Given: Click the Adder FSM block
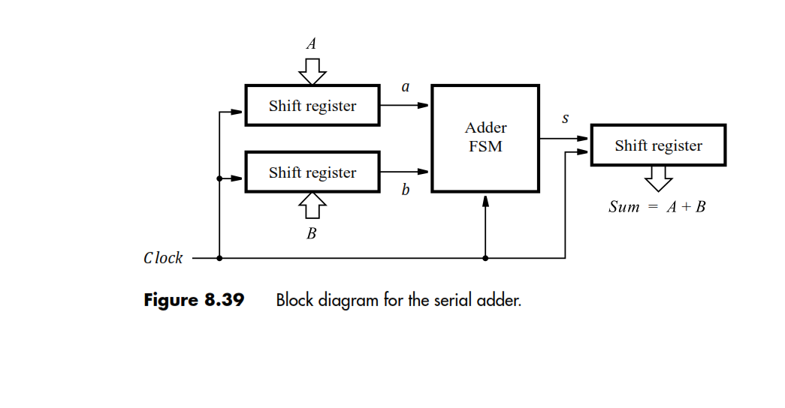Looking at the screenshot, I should [x=485, y=138].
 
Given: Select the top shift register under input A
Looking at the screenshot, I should [x=312, y=106].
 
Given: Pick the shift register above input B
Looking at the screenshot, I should [x=312, y=172].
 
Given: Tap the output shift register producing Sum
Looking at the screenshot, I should [x=658, y=145].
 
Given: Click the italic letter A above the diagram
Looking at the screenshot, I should [x=311, y=43].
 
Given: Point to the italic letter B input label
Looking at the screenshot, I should [x=311, y=234].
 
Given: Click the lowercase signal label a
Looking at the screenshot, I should [x=406, y=87].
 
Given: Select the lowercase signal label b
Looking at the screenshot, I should [x=406, y=190].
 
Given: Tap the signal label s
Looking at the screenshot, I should [x=565, y=118].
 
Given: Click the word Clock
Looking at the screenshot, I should [x=163, y=258].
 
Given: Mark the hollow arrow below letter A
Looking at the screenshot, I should [x=312, y=70].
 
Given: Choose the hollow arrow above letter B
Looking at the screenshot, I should [x=312, y=205].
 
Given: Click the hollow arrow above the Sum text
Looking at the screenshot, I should [x=658, y=179].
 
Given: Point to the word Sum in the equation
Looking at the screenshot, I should [x=624, y=207].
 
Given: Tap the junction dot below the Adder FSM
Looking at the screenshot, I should [x=485, y=258].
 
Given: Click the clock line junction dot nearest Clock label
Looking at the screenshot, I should [x=219, y=258].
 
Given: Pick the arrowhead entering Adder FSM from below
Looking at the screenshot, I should [x=485, y=200].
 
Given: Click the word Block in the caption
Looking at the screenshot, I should [x=294, y=301].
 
